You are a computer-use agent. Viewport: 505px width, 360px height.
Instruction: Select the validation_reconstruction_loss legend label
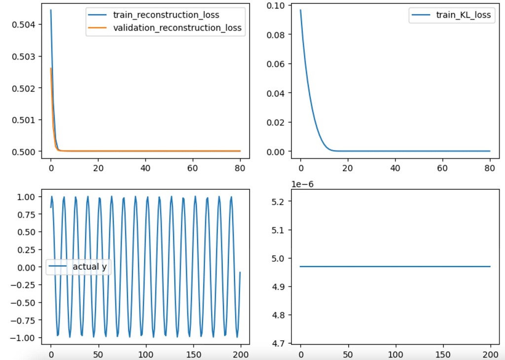click(x=178, y=28)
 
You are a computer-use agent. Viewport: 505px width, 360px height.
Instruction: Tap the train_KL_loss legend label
click(x=463, y=15)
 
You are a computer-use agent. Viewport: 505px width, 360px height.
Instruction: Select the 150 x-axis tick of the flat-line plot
click(x=443, y=354)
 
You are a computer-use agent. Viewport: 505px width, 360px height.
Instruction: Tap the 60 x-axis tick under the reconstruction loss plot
click(x=193, y=168)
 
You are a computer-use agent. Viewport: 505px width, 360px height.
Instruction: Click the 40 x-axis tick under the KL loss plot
click(x=395, y=168)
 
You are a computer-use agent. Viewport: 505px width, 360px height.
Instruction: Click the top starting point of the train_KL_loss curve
click(x=300, y=10)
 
